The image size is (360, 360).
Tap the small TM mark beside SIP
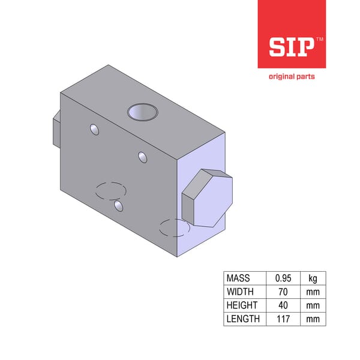pos(319,40)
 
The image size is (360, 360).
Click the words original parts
pos(291,76)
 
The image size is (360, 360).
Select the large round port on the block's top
pos(143,112)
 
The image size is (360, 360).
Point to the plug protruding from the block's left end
pos(55,130)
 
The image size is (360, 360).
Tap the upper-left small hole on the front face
pos(94,130)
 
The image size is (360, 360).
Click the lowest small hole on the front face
pos(118,206)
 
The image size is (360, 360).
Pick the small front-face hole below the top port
pos(142,157)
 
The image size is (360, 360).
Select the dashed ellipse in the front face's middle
pos(110,191)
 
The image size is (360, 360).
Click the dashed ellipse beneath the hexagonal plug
pos(175,228)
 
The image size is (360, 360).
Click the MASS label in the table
pos(238,278)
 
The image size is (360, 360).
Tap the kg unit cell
pos(313,278)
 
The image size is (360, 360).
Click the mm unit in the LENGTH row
pos(313,319)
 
